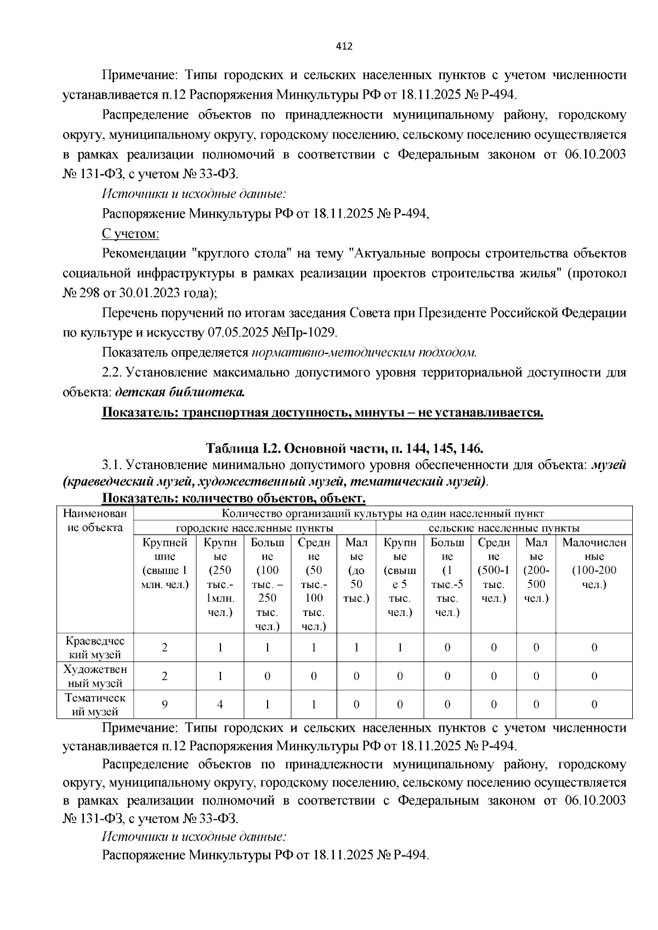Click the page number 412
[x=344, y=46]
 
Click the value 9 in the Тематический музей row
[x=164, y=705]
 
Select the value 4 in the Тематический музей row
[x=220, y=705]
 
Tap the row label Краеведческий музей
[x=95, y=647]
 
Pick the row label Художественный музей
[x=95, y=676]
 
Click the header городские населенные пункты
[x=254, y=528]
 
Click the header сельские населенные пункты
[x=503, y=528]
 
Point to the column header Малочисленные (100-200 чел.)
[x=594, y=563]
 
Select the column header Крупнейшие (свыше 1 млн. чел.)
[x=164, y=563]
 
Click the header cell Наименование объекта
[x=95, y=521]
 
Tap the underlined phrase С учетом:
[x=131, y=234]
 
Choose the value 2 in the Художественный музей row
[x=164, y=676]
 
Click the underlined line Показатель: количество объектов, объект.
[x=234, y=499]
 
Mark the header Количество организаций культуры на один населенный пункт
[x=383, y=514]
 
